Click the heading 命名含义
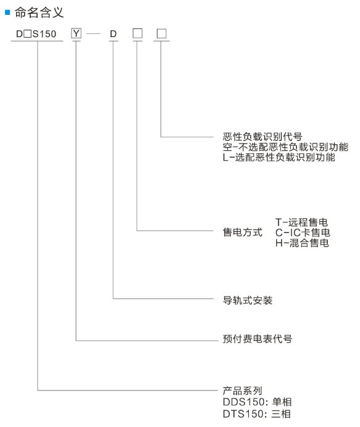(x=39, y=12)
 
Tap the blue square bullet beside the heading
(x=7, y=12)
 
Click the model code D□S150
(x=36, y=34)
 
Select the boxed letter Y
(x=76, y=33)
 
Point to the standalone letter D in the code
(x=113, y=34)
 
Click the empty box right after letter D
(x=138, y=34)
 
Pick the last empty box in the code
(x=162, y=34)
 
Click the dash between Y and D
(x=93, y=34)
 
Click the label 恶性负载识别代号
(x=262, y=137)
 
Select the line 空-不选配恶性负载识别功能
(x=285, y=147)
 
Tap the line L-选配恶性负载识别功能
(x=279, y=157)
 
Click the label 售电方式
(x=243, y=232)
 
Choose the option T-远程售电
(x=301, y=222)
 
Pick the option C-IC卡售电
(x=303, y=232)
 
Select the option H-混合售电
(x=303, y=243)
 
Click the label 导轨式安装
(x=248, y=300)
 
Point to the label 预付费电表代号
(x=257, y=339)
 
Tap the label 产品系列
(x=243, y=391)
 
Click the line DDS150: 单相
(x=257, y=402)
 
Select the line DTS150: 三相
(x=257, y=414)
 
